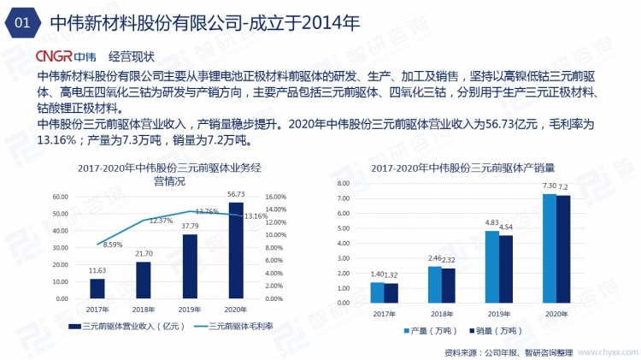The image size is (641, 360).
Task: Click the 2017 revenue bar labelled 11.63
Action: point(97,288)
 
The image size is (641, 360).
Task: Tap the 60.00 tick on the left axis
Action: point(61,197)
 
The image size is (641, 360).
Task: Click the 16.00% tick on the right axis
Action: point(279,197)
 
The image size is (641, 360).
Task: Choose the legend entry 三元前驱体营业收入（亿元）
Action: point(126,326)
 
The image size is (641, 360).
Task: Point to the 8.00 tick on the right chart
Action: point(342,184)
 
